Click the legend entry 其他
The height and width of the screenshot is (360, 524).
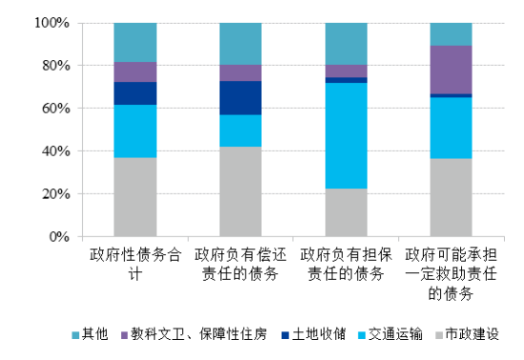[93, 334]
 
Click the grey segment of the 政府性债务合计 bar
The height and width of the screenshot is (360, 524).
[135, 196]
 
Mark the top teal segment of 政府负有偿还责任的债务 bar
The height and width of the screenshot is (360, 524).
[240, 44]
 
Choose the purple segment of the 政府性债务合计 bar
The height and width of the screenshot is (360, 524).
[135, 72]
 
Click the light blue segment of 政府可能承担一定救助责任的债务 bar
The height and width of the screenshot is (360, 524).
[451, 128]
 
